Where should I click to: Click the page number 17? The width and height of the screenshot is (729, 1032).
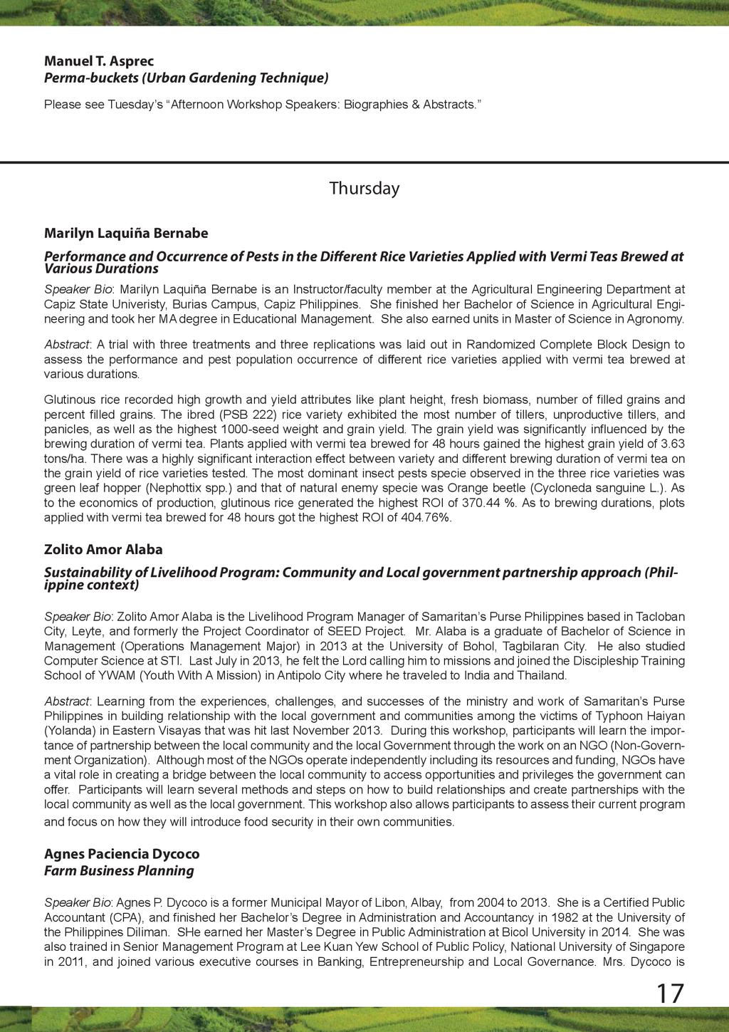(x=669, y=994)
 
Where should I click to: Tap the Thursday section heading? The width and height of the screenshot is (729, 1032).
(x=364, y=189)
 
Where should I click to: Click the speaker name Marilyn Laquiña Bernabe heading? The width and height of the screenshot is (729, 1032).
(x=126, y=233)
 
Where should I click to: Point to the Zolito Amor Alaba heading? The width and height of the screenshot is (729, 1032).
(x=103, y=549)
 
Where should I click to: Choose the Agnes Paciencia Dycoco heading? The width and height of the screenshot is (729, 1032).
(x=122, y=853)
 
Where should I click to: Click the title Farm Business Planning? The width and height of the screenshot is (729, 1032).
(x=119, y=870)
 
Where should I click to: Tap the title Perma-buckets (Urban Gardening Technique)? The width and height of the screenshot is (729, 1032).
(x=187, y=77)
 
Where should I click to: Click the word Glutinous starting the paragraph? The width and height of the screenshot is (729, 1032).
(x=68, y=400)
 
